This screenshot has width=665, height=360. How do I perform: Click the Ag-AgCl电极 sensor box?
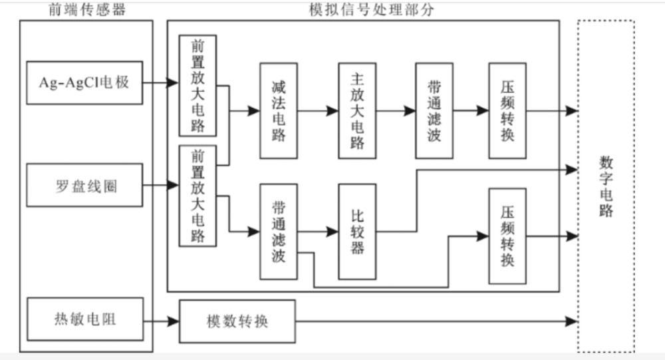tap(84, 83)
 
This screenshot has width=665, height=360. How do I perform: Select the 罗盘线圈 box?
tap(84, 186)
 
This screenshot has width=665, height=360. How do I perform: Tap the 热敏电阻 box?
tap(84, 320)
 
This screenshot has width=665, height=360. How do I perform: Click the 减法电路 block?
tap(279, 110)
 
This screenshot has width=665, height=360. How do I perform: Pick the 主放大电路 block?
tap(357, 110)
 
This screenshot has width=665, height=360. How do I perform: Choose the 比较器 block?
tap(357, 232)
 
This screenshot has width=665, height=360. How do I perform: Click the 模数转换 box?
tap(237, 321)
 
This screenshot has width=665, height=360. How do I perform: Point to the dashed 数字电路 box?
tap(605, 186)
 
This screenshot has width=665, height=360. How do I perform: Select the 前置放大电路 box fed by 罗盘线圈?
tap(198, 196)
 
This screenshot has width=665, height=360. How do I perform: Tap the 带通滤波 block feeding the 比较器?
tap(279, 232)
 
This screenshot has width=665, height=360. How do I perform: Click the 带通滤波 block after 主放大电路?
tap(434, 110)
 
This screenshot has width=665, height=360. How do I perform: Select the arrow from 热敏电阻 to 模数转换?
tap(161, 321)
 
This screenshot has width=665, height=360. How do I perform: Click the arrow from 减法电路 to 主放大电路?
tap(318, 111)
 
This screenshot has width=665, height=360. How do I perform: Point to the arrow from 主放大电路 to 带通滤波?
tap(396, 111)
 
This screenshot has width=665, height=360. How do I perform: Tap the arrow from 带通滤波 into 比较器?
tap(318, 232)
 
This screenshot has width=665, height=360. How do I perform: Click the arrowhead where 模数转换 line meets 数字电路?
tap(571, 321)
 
